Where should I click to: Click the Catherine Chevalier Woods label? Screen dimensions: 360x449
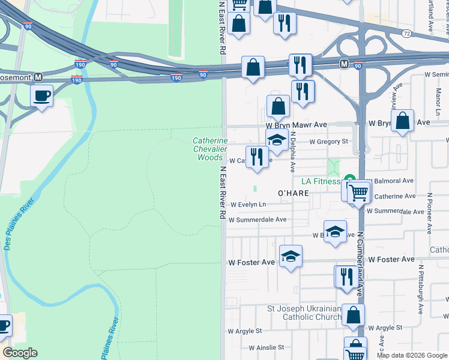click(x=209, y=149)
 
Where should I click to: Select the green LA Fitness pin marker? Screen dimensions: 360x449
click(x=348, y=180)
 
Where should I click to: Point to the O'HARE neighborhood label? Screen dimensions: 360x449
click(x=292, y=193)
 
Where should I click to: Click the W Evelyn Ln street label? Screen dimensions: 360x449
click(x=248, y=205)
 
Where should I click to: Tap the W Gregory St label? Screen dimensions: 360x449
click(x=329, y=142)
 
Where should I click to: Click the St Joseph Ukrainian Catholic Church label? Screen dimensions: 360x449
click(x=305, y=313)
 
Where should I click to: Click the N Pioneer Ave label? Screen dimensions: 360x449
click(x=430, y=214)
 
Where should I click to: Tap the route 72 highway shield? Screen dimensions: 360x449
click(x=407, y=34)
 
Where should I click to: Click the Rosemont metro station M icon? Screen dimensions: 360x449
click(x=38, y=77)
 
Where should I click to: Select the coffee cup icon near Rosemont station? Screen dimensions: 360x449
click(x=41, y=96)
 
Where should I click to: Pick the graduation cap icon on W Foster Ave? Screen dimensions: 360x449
click(x=291, y=256)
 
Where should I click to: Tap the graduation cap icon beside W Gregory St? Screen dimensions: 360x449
click(x=276, y=139)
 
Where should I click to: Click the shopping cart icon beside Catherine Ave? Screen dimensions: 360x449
click(x=358, y=193)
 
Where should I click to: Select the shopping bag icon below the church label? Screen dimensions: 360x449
click(x=354, y=314)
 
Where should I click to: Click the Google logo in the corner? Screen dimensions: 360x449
click(x=20, y=353)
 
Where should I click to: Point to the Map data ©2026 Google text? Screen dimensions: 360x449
click(x=411, y=356)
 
